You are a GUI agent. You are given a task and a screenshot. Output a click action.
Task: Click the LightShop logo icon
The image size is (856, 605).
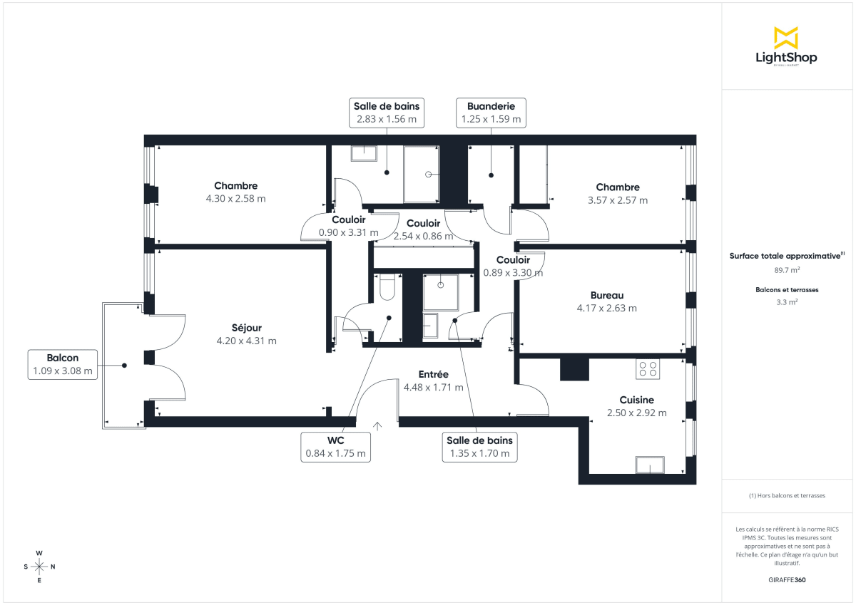pos(786,38)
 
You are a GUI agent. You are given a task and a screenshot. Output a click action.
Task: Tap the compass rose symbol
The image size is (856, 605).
pos(39,567)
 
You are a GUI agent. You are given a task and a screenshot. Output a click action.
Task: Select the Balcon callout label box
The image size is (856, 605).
pos(63,364)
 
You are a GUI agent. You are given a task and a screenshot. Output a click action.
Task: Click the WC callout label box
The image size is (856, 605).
pos(335,447)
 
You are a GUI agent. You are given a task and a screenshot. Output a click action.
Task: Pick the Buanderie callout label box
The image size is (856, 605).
pos(491,113)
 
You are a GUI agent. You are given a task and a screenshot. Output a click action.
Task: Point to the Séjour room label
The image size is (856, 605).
pos(246,328)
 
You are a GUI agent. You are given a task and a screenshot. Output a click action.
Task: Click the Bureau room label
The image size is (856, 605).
pos(607,295)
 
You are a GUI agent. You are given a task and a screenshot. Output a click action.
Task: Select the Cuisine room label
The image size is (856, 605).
pos(636,400)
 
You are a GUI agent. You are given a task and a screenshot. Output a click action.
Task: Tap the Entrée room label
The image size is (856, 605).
pos(433,374)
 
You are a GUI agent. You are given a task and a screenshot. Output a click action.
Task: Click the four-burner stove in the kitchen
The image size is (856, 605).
pos(648,368)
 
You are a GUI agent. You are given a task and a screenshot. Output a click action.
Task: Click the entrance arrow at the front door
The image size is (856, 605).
pos(377,426)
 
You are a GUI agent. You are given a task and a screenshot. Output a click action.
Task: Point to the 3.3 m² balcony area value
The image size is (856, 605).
pos(787,302)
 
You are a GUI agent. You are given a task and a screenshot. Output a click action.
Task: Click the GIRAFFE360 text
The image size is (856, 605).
pos(787,580)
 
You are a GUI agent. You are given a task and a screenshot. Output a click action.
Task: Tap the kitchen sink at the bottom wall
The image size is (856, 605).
pos(650,465)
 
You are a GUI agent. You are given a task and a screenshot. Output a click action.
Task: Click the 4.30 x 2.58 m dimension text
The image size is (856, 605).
pos(235,199)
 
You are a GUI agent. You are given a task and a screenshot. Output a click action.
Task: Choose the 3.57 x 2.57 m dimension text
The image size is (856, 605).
pos(618,200)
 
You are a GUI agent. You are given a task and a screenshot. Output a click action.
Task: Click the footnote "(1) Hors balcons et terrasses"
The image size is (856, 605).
pos(787,495)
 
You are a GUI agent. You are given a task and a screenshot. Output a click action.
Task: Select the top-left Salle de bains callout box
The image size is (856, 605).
pos(387,113)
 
